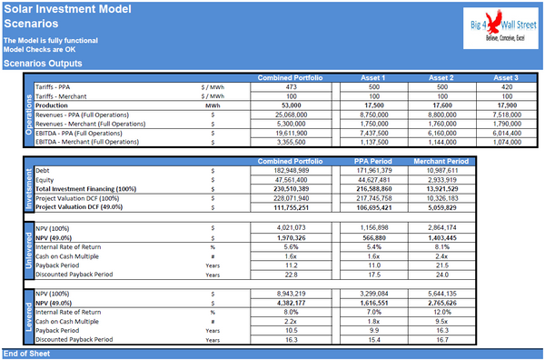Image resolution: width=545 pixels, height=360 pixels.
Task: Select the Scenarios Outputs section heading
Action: click(x=43, y=64)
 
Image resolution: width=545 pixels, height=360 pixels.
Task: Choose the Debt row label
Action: click(x=44, y=170)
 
